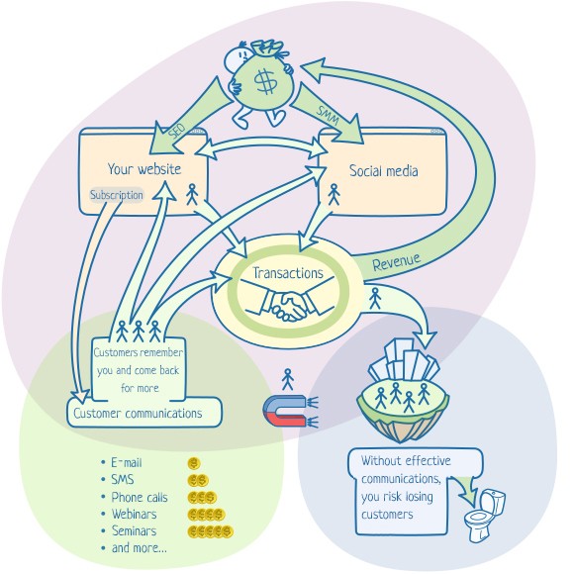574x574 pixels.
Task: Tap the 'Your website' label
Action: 143,169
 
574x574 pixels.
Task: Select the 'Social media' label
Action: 383,171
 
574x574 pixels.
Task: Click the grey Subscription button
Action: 117,195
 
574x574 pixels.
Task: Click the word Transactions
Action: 287,273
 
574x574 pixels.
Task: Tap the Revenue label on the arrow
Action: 397,263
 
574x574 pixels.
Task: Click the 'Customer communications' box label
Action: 140,414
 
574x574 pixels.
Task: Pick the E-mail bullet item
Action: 129,462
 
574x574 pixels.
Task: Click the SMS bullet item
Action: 124,480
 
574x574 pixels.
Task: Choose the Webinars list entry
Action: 136,515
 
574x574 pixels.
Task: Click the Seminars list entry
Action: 136,531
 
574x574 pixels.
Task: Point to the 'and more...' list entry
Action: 139,548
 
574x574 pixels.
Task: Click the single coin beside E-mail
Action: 194,462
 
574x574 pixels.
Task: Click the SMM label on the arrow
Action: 328,115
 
